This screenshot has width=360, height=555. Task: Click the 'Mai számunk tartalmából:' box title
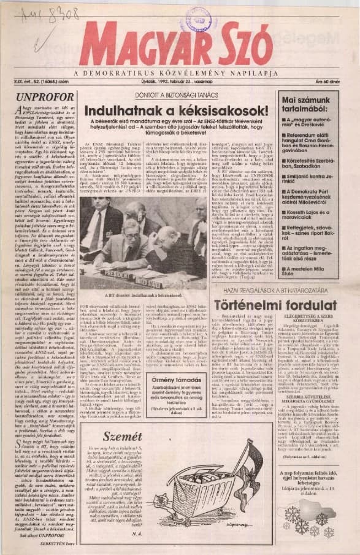point(308,104)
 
